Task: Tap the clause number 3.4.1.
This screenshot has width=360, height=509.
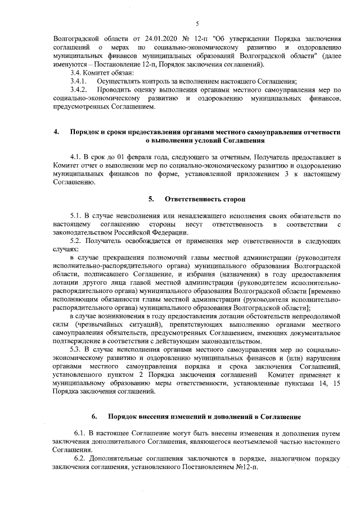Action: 74,81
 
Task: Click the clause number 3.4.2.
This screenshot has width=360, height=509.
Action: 74,89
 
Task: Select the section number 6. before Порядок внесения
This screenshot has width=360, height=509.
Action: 94,417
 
